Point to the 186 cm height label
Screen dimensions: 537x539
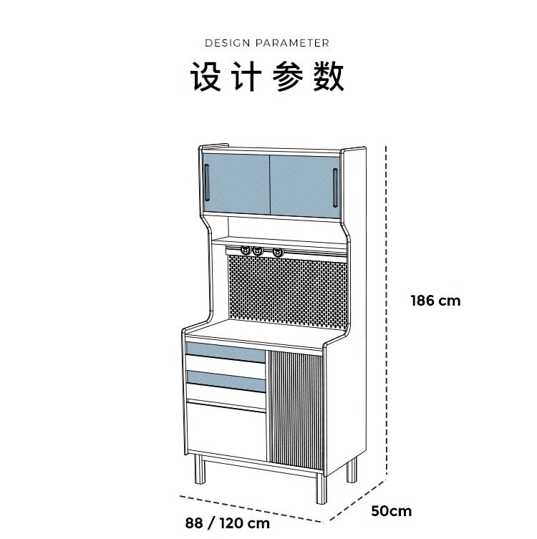pos(435,301)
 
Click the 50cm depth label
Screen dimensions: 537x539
pos(392,511)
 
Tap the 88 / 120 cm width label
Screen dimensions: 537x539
pos(228,523)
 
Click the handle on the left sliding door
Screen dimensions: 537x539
pos(206,183)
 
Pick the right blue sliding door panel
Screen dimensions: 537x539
pos(301,184)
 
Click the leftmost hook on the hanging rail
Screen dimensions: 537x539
pos(246,251)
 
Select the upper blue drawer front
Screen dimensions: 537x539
pos(225,351)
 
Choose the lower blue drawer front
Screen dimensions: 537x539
pos(225,380)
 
